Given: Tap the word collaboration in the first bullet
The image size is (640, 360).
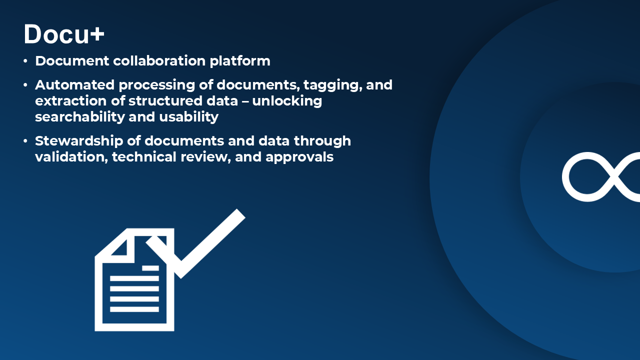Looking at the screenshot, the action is (159, 61).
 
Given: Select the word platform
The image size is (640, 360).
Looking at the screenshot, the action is (240, 61).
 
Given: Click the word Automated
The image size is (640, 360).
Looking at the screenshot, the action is (75, 85).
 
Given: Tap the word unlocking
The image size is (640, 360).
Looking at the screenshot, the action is (287, 101).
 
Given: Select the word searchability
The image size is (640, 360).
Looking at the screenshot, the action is (80, 117).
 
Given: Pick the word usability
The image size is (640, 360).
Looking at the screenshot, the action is (189, 117).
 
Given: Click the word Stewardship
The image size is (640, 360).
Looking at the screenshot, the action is (79, 141).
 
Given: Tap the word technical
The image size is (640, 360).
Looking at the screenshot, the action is (144, 157).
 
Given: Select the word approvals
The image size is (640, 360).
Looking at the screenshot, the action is (299, 157).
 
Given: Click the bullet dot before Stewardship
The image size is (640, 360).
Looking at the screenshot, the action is (25, 141).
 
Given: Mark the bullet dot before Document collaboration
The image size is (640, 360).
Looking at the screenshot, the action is (25, 61).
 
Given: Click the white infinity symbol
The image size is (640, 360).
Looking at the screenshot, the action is (601, 176).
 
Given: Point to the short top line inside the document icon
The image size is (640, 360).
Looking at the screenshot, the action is (150, 268).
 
